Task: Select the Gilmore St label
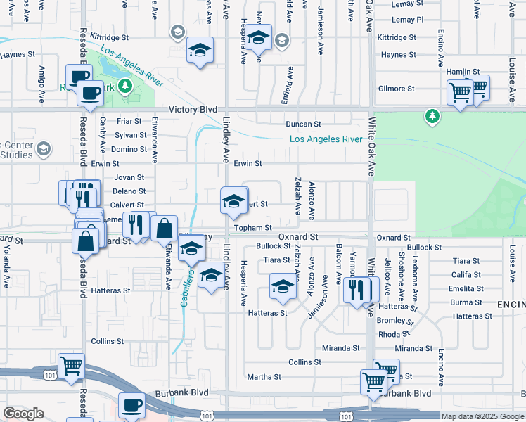click(396, 89)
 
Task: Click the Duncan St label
click(303, 124)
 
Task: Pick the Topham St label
click(253, 228)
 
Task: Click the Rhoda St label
click(388, 334)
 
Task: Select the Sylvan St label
click(131, 135)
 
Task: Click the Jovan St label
click(129, 178)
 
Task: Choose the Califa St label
click(466, 274)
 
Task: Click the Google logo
click(23, 414)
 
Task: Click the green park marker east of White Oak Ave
click(432, 115)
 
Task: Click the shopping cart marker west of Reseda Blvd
click(72, 367)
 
